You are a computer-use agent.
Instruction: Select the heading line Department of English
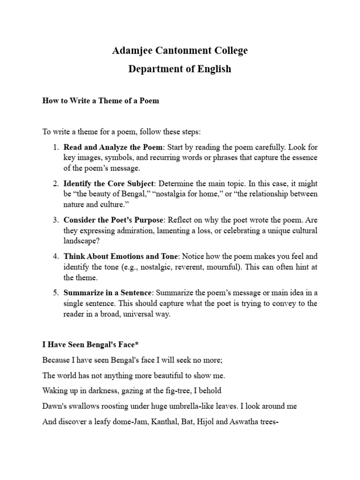point(180,69)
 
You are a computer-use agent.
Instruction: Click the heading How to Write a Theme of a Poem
point(101,101)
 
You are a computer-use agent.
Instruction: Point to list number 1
point(55,146)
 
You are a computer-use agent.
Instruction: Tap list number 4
point(55,256)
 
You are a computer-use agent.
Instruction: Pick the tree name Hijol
point(203,421)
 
